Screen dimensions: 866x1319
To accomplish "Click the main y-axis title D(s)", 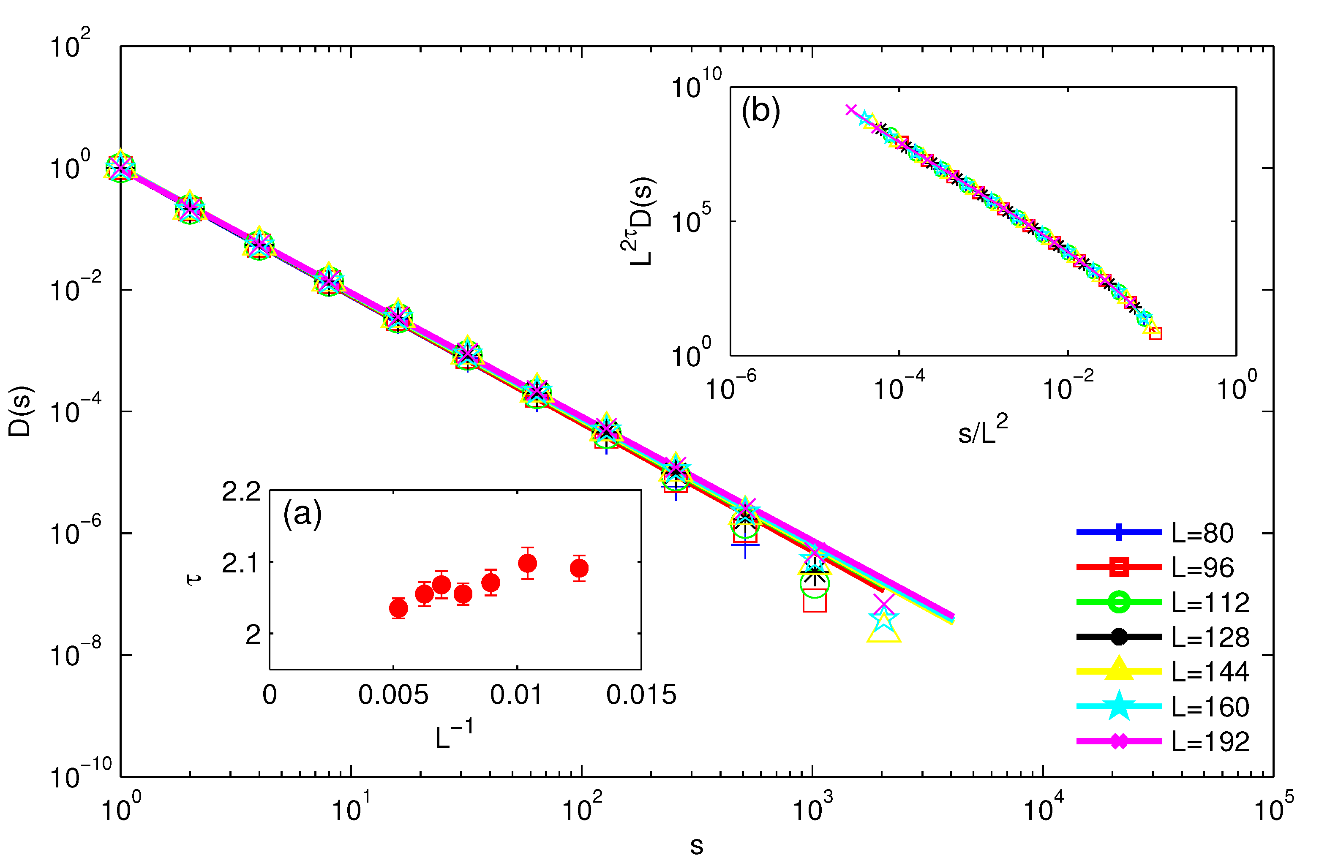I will (21, 411).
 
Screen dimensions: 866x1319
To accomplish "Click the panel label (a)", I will (302, 514).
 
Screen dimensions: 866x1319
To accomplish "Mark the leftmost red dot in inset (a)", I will (398, 608).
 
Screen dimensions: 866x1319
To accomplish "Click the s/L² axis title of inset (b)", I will (983, 431).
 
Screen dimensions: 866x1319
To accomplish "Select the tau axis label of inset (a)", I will (194, 580).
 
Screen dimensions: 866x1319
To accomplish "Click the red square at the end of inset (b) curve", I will (1155, 333).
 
